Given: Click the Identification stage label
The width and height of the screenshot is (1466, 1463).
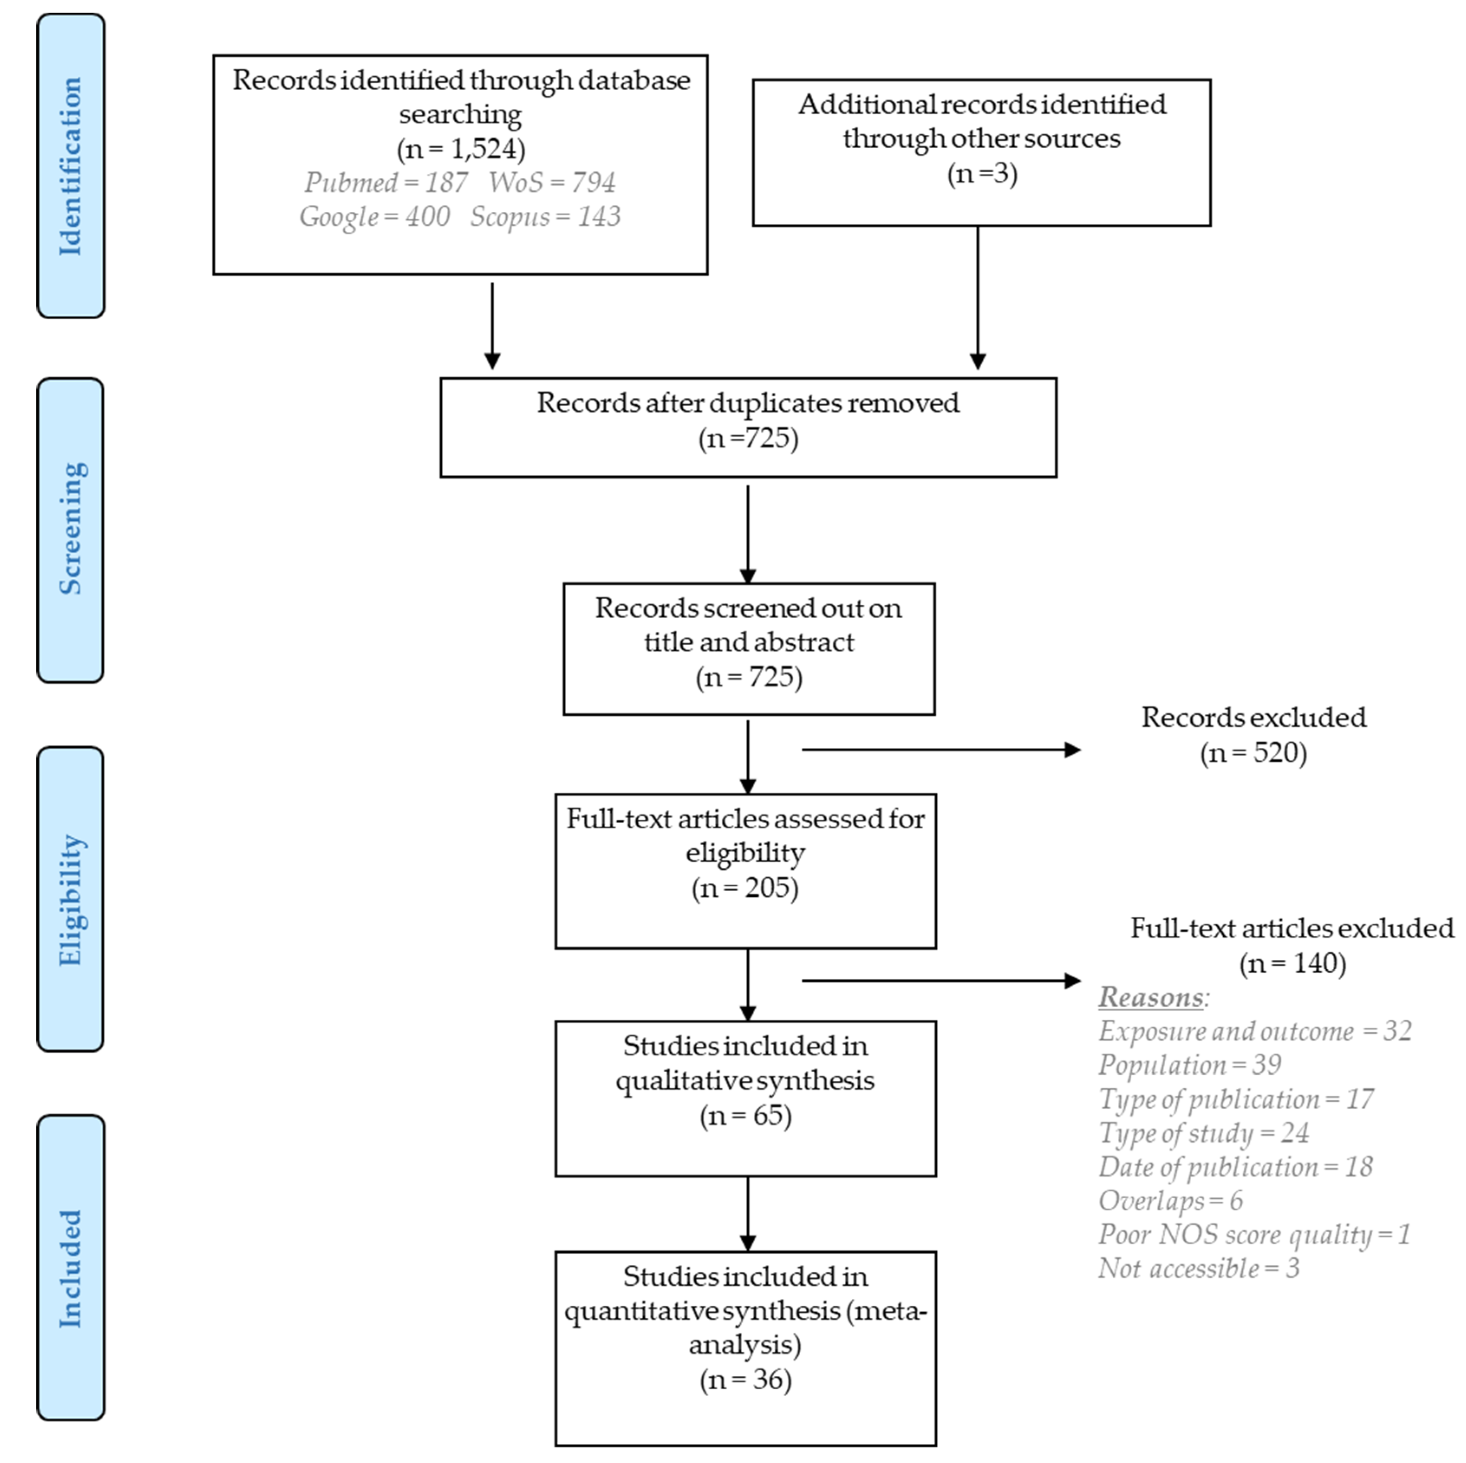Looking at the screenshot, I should pyautogui.click(x=71, y=165).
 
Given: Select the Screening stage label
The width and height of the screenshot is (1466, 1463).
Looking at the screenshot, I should pyautogui.click(x=71, y=529).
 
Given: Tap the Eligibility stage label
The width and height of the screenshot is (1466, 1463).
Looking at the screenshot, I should pyautogui.click(x=71, y=899).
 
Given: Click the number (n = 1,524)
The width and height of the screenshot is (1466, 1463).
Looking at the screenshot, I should pyautogui.click(x=461, y=149).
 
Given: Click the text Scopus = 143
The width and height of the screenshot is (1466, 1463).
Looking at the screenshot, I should pyautogui.click(x=545, y=217).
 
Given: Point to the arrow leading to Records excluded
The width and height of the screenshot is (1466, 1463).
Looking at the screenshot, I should pyautogui.click(x=941, y=750).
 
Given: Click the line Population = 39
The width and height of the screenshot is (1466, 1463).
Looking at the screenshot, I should pyautogui.click(x=1189, y=1065).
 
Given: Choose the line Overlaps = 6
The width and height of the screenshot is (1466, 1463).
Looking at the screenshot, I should pyautogui.click(x=1170, y=1200).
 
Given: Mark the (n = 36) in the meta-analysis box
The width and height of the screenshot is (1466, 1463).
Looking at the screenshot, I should pyautogui.click(x=745, y=1379).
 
